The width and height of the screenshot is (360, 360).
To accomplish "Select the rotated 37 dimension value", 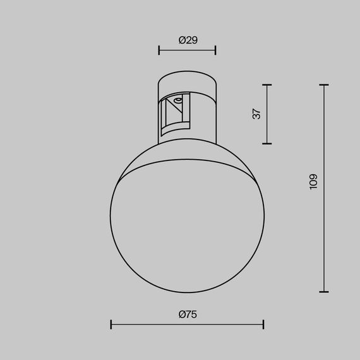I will coord(256,114).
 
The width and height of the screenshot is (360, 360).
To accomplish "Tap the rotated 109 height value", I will coord(314,182).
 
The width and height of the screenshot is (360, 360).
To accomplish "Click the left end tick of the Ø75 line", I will coord(111,325).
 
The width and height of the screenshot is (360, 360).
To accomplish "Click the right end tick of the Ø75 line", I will coord(263,325).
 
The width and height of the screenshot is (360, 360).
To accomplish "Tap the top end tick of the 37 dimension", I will coord(268,85).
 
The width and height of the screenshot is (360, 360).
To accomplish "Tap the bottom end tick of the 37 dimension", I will coord(268,143).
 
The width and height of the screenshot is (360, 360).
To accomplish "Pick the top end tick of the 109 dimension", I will coord(325,85).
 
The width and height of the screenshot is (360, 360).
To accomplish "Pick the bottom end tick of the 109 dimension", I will coord(325,292).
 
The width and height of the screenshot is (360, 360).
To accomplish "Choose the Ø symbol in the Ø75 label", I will coord(181,314).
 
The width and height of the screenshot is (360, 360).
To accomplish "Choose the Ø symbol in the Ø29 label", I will coord(182,40).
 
